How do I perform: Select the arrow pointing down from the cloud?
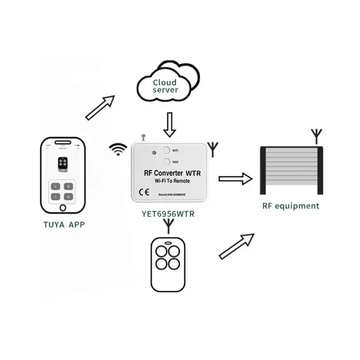[x=169, y=125]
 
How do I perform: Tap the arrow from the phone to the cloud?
[x=100, y=107]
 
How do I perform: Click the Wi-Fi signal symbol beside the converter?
[x=117, y=150]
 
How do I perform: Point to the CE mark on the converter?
[x=142, y=193]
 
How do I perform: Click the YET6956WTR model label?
[x=168, y=213]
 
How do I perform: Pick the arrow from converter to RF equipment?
[x=235, y=179]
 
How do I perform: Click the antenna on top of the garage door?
[x=316, y=135]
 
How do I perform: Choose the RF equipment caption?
[x=291, y=206]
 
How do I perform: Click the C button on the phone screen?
[x=56, y=196]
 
